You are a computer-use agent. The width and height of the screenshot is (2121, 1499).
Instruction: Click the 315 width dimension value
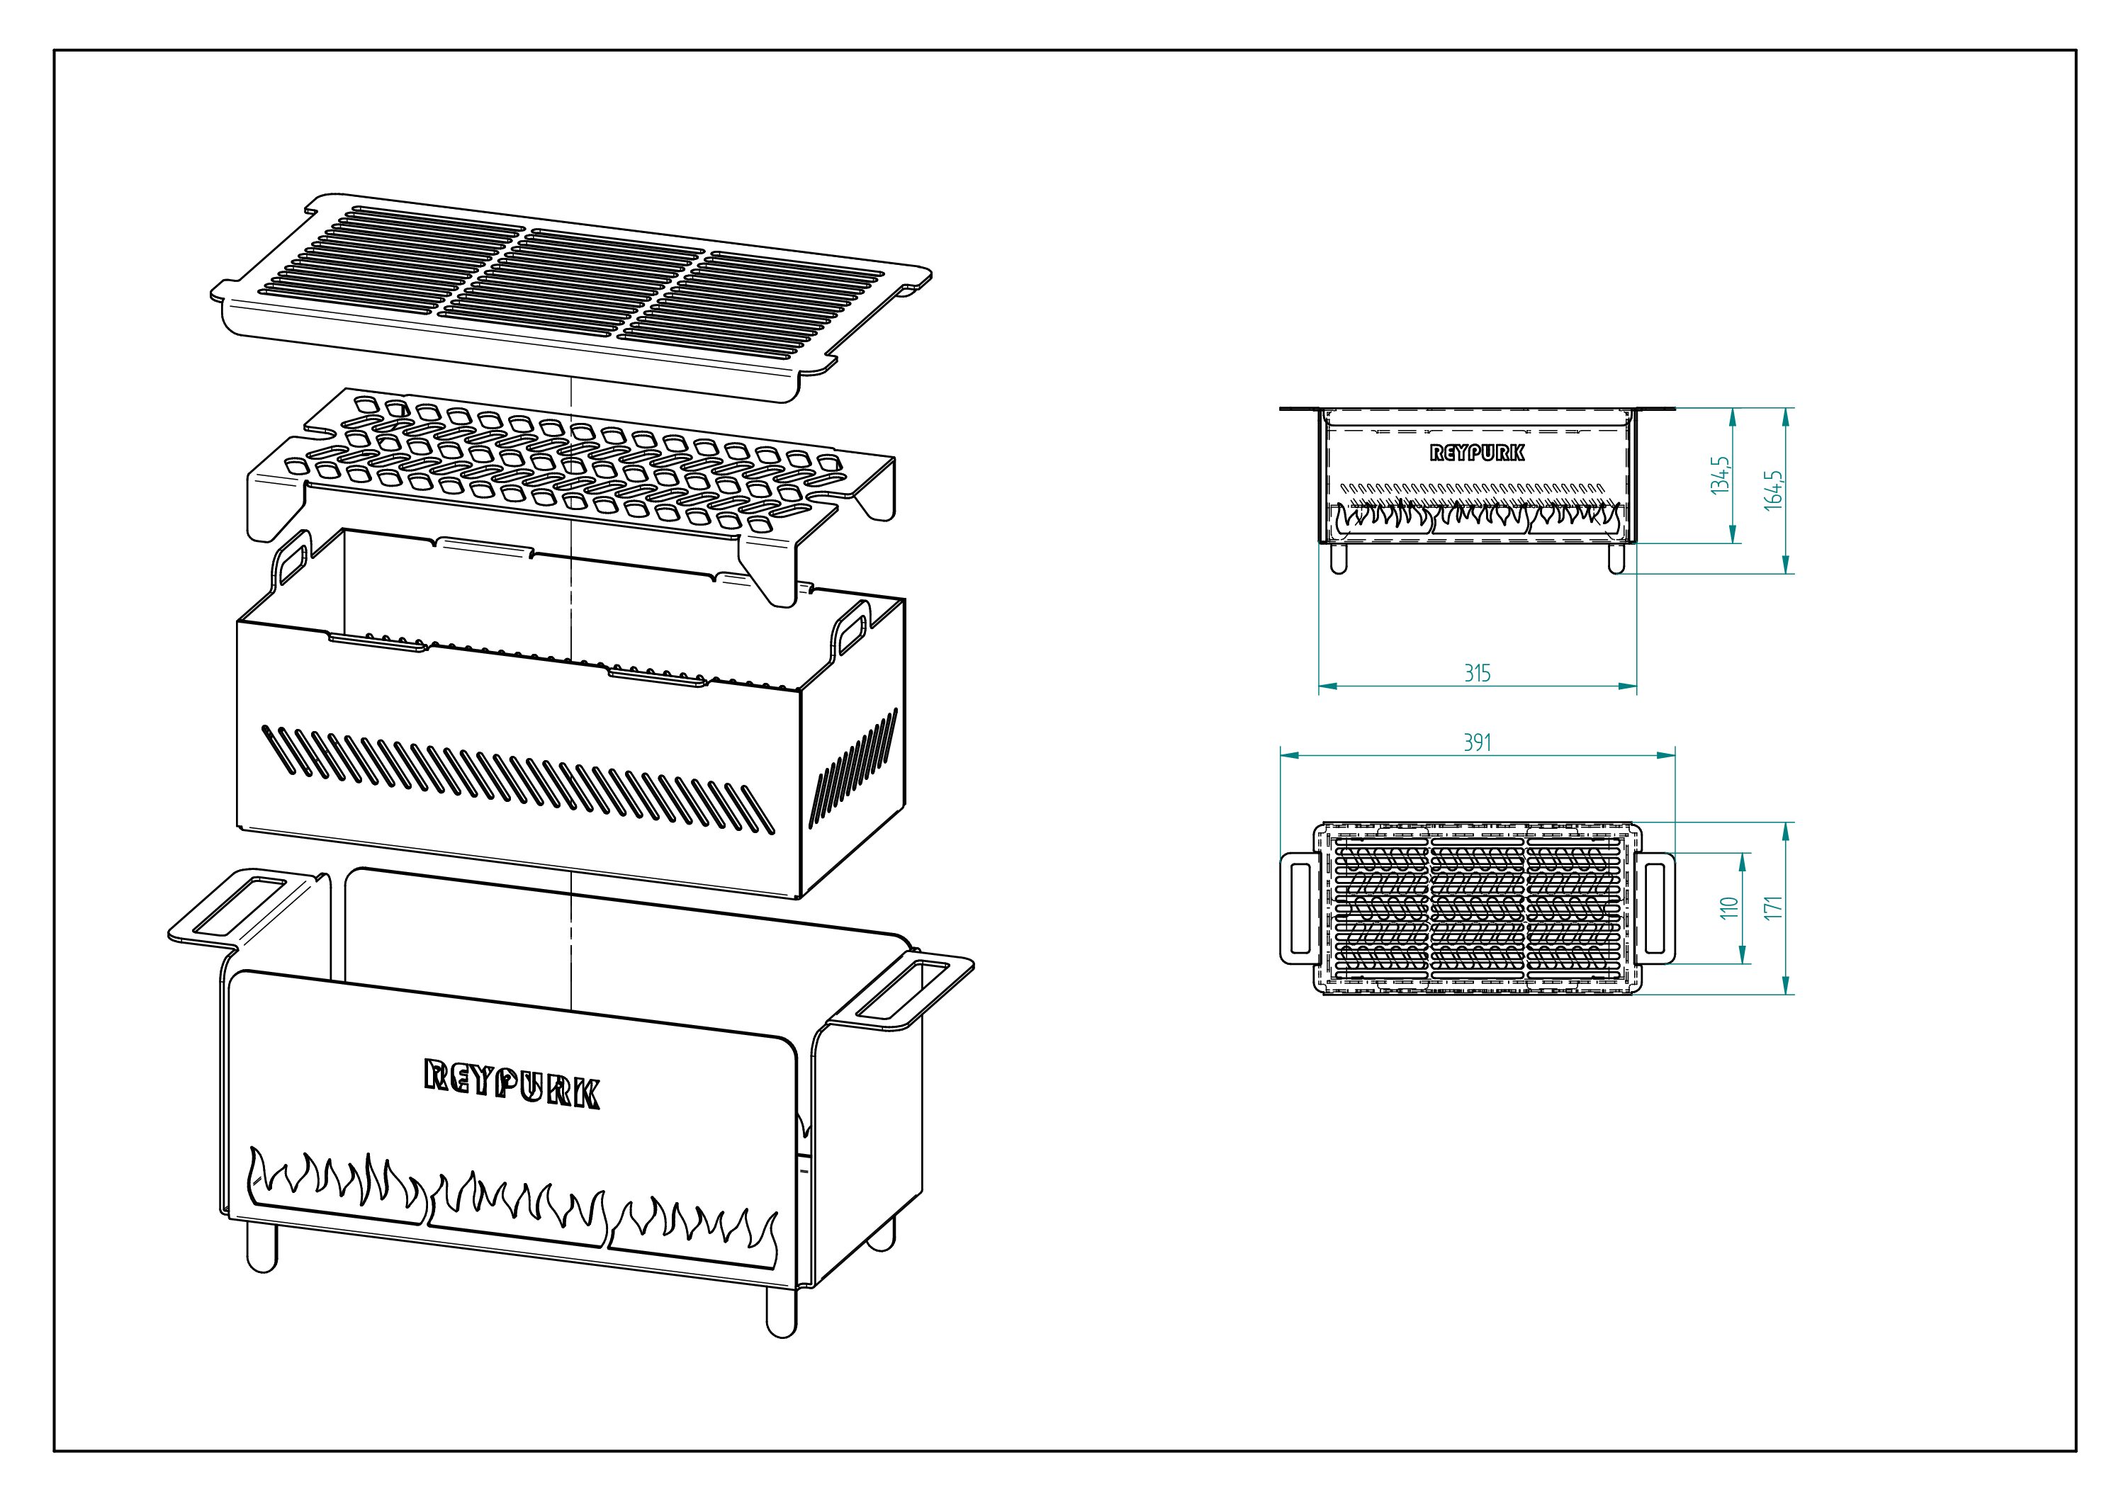[1477, 673]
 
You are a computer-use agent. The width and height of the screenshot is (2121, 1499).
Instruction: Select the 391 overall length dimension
[1477, 742]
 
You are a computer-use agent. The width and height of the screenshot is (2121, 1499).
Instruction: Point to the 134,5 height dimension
[1719, 475]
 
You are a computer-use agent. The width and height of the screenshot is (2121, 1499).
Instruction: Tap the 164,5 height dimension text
[1774, 490]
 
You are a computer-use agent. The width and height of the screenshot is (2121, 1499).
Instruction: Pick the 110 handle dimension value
[1729, 908]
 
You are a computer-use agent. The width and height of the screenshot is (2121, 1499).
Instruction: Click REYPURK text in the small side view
[1477, 453]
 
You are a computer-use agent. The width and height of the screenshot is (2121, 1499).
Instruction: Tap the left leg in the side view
[1339, 560]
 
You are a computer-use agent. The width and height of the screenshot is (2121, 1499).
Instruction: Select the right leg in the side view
[1616, 560]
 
